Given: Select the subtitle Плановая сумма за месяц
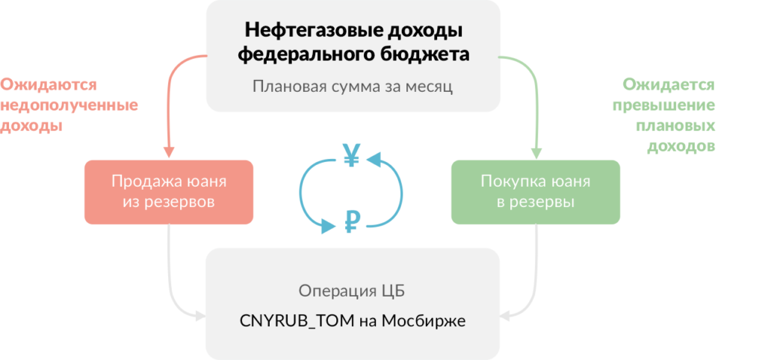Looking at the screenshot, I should point(353,86).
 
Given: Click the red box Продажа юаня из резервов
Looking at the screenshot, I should point(169,191).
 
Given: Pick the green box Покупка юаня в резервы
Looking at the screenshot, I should point(536,191).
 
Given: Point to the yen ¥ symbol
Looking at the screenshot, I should point(351,155).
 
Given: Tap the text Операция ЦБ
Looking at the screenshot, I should point(352,290).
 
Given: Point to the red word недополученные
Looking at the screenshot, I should point(69,105).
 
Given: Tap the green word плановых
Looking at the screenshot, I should point(675,126).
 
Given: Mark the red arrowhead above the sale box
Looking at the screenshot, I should point(170,151).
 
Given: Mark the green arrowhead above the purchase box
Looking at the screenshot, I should point(536,151).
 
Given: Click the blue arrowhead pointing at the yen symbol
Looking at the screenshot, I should point(374,158).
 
